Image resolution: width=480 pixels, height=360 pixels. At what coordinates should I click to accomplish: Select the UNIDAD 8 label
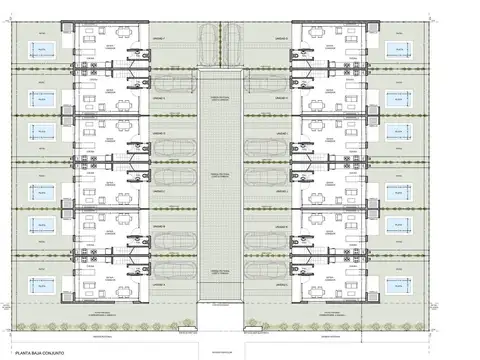(281, 37)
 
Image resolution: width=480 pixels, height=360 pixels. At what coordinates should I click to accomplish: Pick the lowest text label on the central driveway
(219, 271)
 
